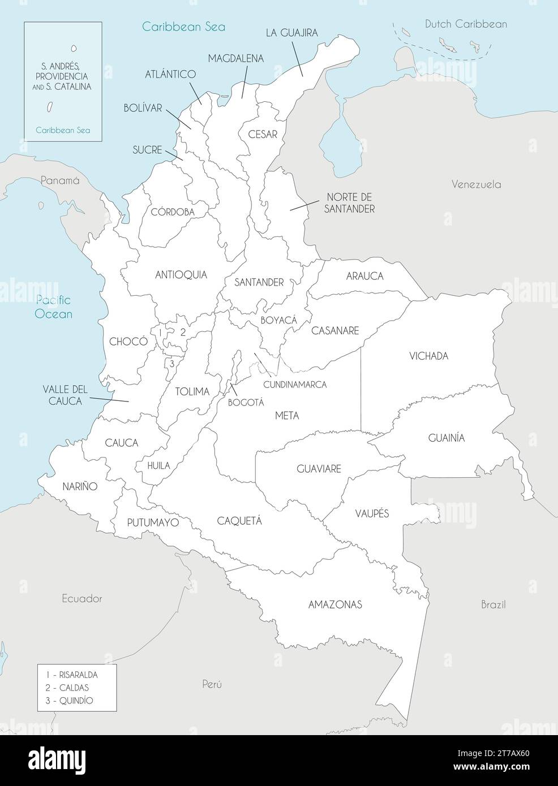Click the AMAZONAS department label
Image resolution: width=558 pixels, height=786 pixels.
click(x=335, y=604)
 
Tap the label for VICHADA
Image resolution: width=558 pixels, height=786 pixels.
click(x=428, y=356)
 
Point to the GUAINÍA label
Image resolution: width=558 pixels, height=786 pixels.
click(x=446, y=438)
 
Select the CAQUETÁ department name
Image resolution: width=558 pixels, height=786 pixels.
click(x=239, y=521)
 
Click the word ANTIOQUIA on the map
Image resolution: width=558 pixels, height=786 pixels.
click(x=181, y=275)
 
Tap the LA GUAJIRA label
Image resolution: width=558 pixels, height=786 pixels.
click(x=291, y=33)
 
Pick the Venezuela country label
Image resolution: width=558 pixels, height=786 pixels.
click(x=476, y=184)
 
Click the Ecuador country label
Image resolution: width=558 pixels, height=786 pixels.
click(x=82, y=598)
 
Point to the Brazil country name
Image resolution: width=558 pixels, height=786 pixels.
click(x=493, y=604)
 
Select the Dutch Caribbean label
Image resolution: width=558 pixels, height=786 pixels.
click(x=466, y=24)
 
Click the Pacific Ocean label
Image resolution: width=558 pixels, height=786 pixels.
click(x=53, y=307)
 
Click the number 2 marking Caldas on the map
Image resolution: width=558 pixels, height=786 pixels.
click(x=183, y=332)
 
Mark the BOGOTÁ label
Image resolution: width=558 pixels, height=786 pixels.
click(x=246, y=403)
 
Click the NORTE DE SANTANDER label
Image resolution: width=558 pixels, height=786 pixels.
click(x=350, y=203)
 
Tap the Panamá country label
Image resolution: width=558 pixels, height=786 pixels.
click(x=59, y=180)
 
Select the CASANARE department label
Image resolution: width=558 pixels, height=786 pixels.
click(x=336, y=331)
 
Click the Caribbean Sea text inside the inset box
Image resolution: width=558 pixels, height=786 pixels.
click(x=62, y=130)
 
